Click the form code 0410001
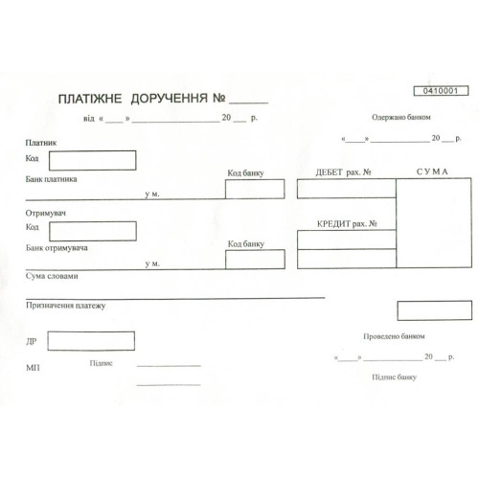pyautogui.click(x=441, y=91)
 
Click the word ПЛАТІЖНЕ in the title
pyautogui.click(x=90, y=99)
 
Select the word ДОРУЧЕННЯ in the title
pyautogui.click(x=170, y=99)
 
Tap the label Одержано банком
pyautogui.click(x=401, y=117)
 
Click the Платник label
pyautogui.click(x=41, y=143)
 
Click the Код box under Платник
pyautogui.click(x=93, y=160)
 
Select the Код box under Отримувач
pyautogui.click(x=93, y=231)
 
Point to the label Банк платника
pyautogui.click(x=51, y=179)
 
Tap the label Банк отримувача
pyautogui.click(x=57, y=248)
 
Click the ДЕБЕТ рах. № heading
pyautogui.click(x=343, y=172)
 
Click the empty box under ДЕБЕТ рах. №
pyautogui.click(x=347, y=189)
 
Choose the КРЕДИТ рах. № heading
pyautogui.click(x=347, y=223)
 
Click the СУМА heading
pyautogui.click(x=432, y=171)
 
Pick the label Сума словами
pyautogui.click(x=52, y=276)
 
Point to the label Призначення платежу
pyautogui.click(x=65, y=306)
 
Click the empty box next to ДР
pyautogui.click(x=91, y=341)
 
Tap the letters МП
pyautogui.click(x=33, y=368)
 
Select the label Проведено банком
pyautogui.click(x=394, y=336)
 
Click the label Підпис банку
pyautogui.click(x=394, y=377)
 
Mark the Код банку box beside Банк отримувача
pyautogui.click(x=255, y=260)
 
